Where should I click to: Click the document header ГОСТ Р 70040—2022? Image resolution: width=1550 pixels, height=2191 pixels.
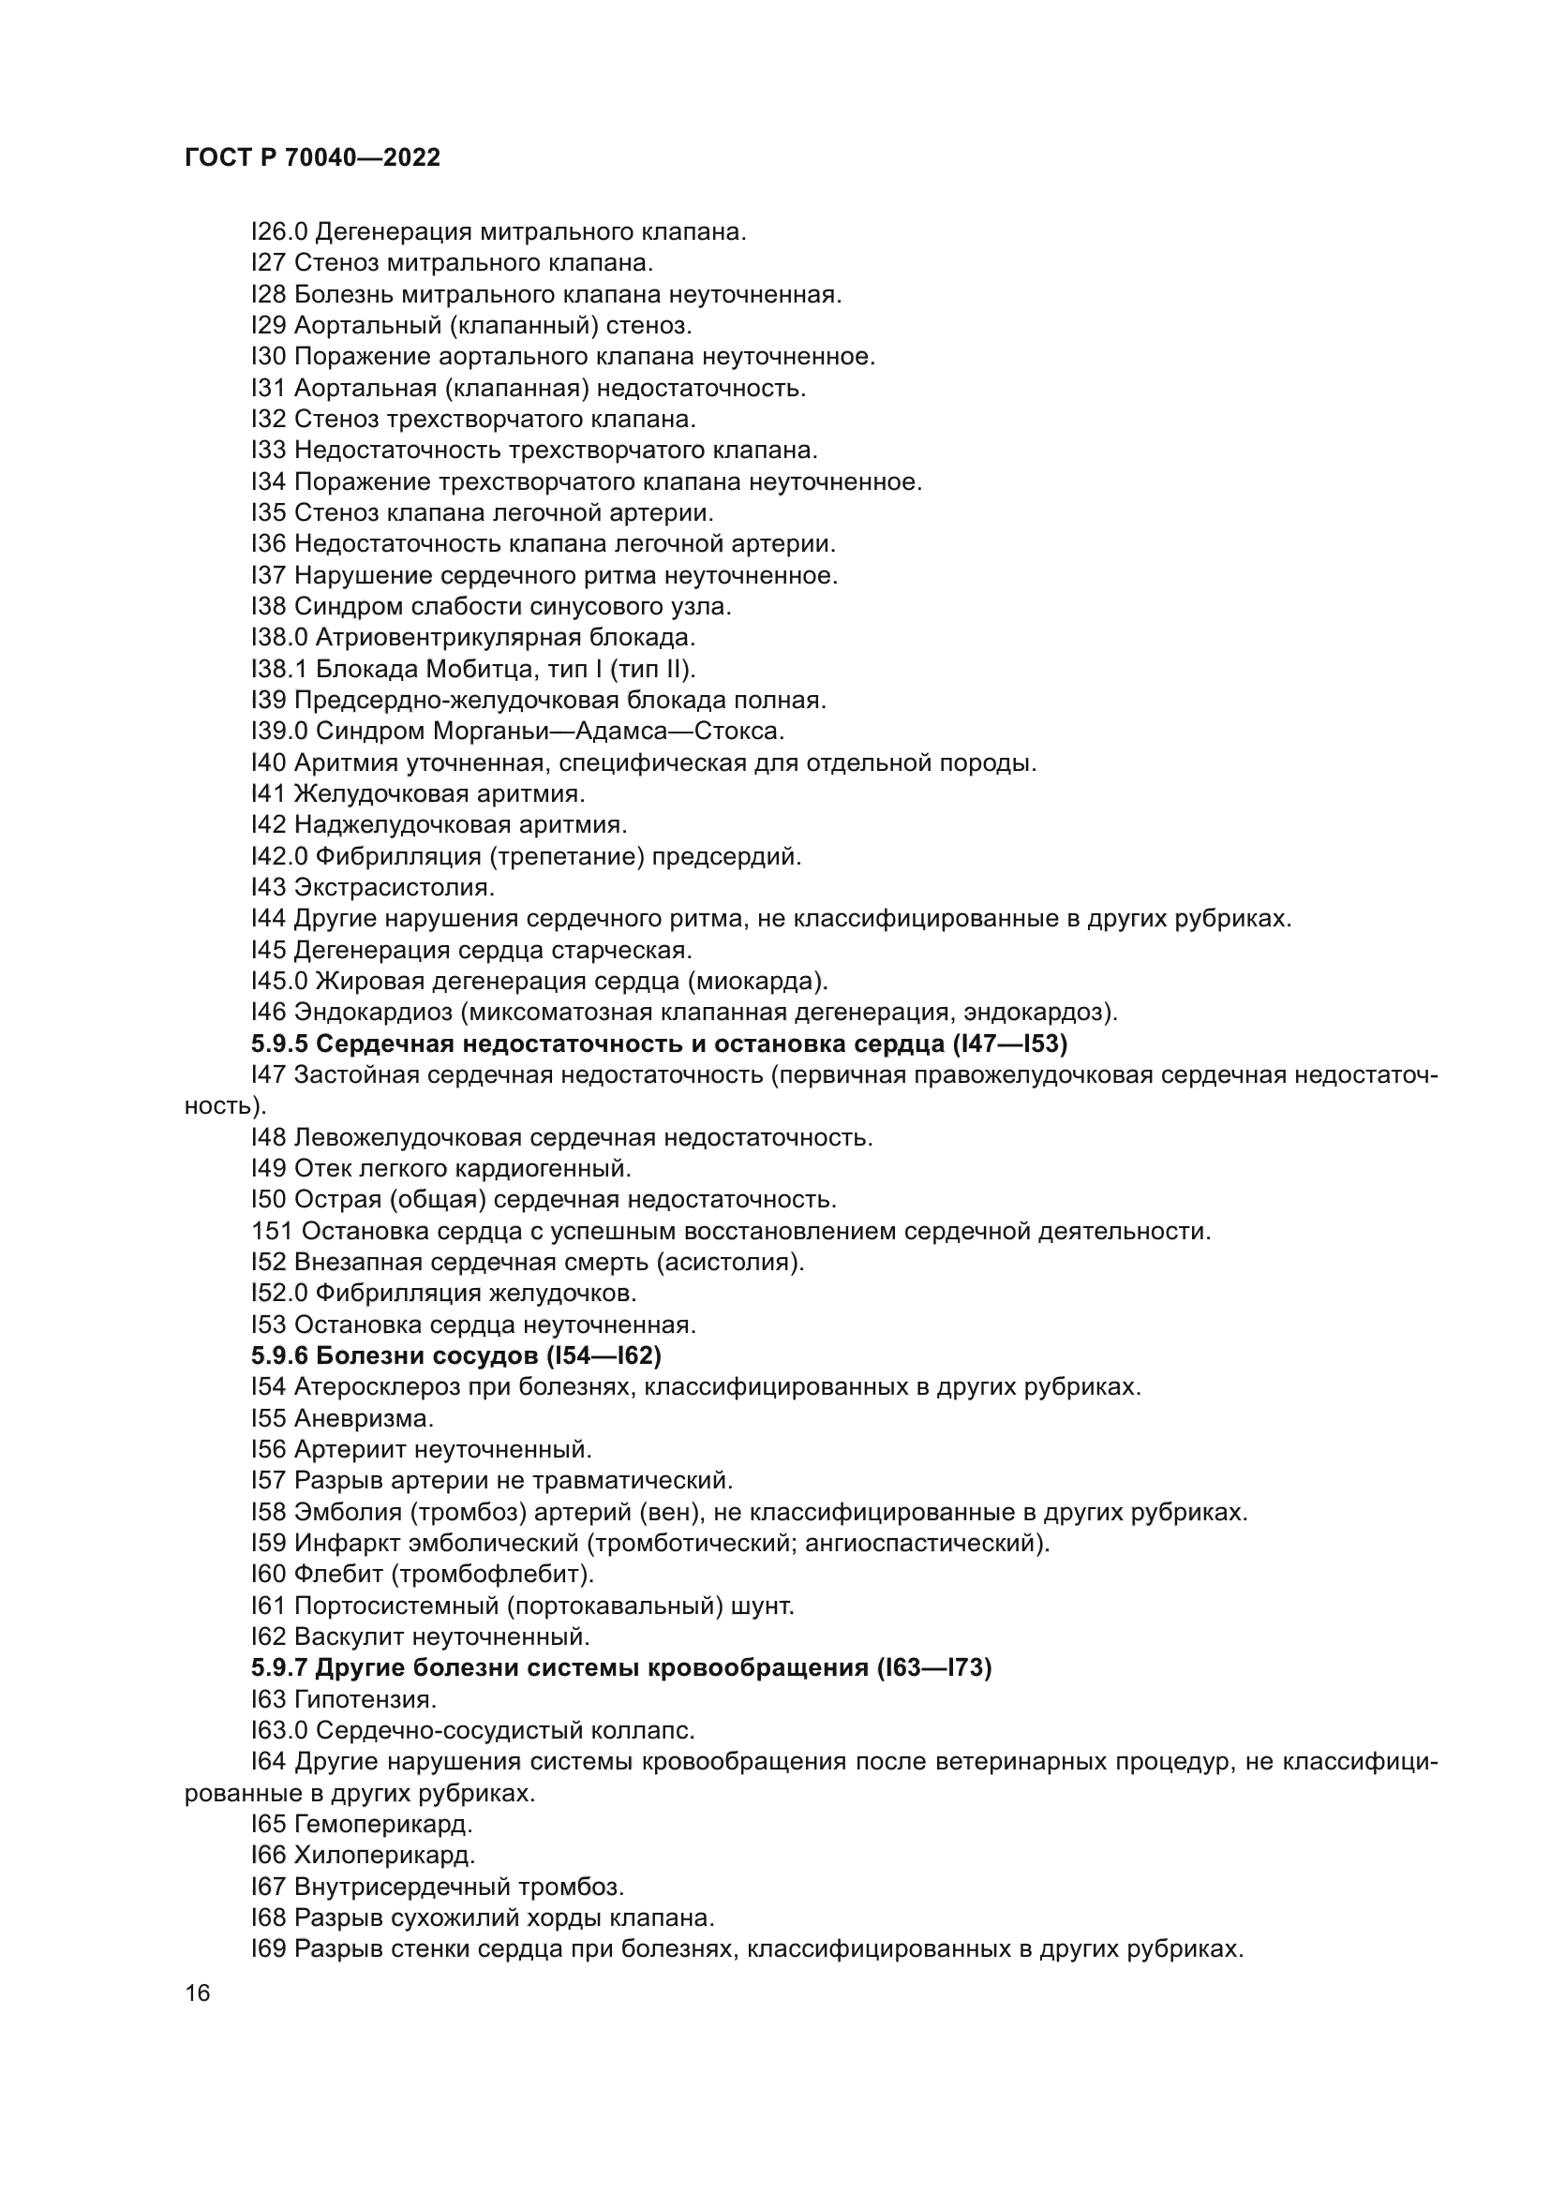312,157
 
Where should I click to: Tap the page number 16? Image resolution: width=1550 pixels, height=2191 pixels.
198,1992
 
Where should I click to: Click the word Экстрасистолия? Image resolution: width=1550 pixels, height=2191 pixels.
395,887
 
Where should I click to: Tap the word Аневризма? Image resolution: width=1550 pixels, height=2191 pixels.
364,1418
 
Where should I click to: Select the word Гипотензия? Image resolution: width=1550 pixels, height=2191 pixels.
365,1698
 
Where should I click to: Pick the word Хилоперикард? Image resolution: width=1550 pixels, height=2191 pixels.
384,1855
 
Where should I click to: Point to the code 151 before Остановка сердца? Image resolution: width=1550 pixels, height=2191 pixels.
272,1231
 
